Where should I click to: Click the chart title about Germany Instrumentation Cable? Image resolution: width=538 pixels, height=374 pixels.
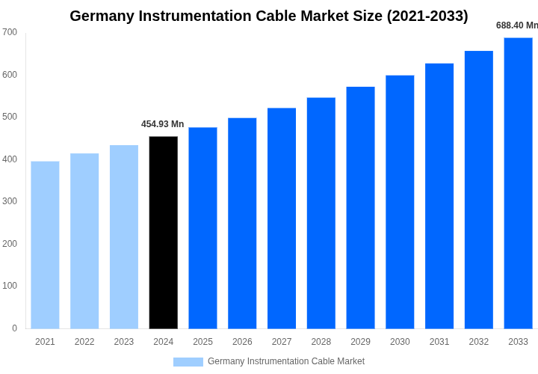(269, 16)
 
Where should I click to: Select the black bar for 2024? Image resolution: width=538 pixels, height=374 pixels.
(164, 233)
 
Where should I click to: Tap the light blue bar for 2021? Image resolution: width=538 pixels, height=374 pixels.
(45, 245)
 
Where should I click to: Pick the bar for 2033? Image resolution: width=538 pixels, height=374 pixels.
(518, 183)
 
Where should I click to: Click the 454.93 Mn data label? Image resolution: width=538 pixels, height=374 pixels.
(162, 124)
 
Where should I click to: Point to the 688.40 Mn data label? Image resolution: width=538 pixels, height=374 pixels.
(516, 25)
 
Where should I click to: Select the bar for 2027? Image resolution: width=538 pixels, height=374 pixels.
(282, 218)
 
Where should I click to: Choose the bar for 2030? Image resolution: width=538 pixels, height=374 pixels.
(400, 202)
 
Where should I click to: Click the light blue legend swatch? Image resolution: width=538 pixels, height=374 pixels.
(188, 362)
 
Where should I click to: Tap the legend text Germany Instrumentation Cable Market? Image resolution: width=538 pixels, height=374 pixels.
(286, 361)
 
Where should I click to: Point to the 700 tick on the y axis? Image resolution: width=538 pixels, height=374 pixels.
(10, 32)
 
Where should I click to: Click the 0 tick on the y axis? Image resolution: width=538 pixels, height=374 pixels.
(14, 328)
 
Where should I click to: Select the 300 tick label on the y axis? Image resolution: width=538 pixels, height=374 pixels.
(10, 201)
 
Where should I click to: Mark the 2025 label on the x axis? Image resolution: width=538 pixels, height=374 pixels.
(202, 342)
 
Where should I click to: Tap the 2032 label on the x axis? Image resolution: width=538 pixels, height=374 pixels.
(479, 342)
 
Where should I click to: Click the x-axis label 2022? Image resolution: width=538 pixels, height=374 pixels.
(84, 342)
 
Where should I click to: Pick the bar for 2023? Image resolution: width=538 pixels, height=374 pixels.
(124, 236)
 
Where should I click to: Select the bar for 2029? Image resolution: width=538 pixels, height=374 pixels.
(360, 208)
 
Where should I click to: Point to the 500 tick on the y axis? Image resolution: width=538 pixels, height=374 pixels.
(10, 117)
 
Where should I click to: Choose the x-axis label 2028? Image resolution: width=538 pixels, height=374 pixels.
(321, 342)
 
